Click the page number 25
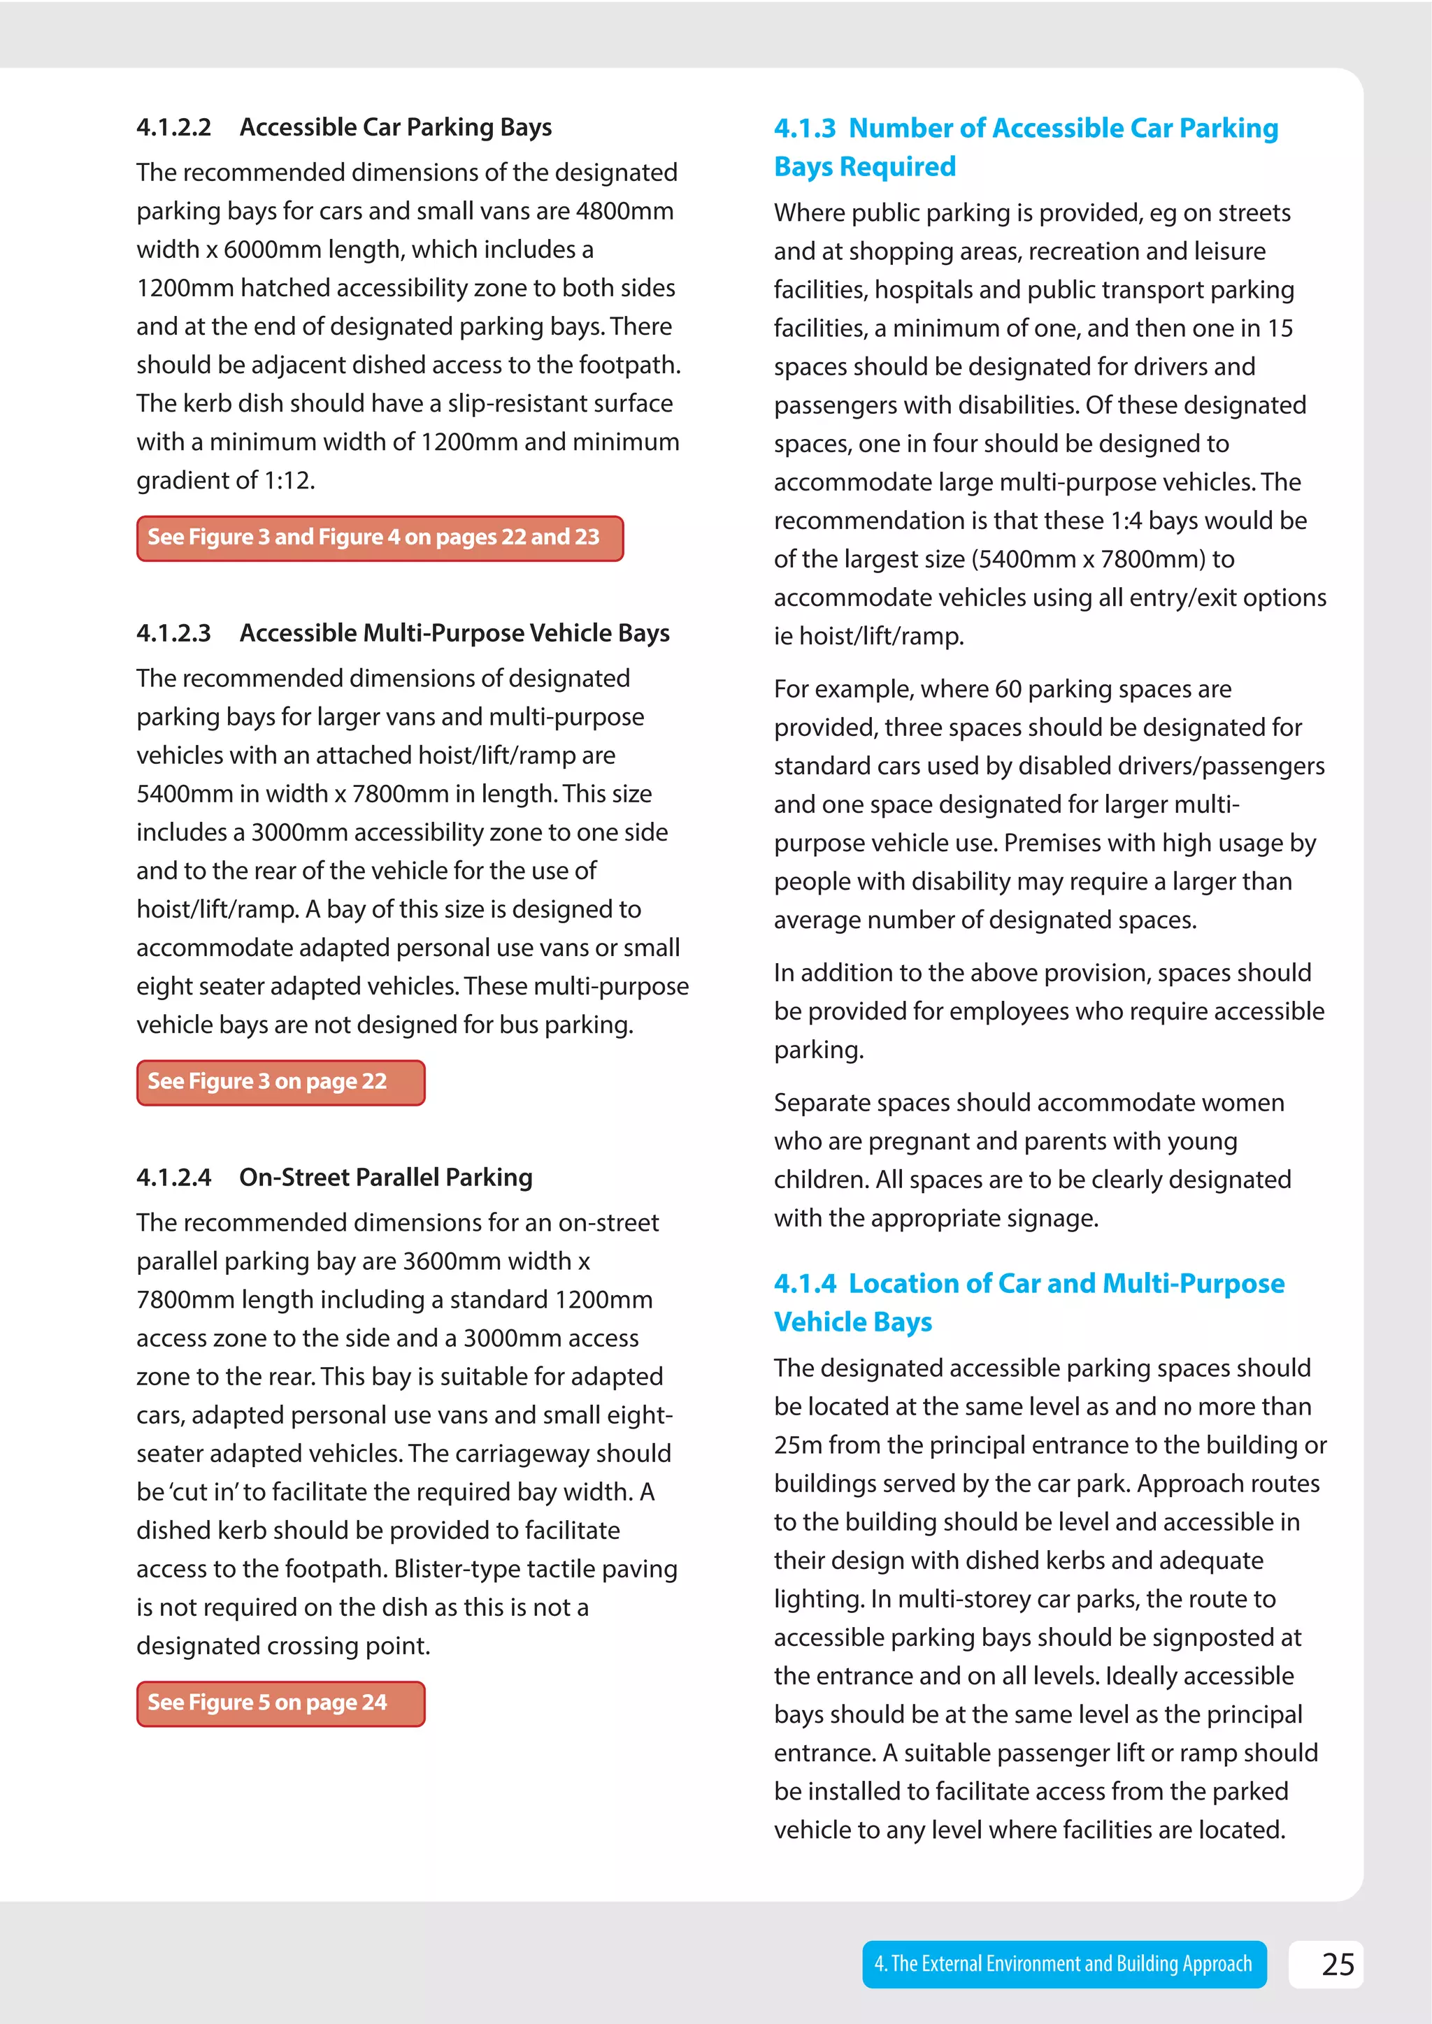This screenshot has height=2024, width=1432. point(1338,1964)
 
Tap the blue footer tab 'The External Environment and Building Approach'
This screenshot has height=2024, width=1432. point(1064,1964)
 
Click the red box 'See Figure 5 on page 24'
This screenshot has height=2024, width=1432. point(280,1703)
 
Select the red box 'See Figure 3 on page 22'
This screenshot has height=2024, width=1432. point(280,1082)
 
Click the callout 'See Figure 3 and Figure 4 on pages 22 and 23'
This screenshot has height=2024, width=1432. point(379,537)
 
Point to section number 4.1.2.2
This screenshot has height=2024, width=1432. point(173,128)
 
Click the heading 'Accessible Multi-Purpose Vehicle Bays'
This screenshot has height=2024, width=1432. point(454,633)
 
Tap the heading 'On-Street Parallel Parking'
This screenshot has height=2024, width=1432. point(385,1178)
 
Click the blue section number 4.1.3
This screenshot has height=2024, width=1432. point(804,129)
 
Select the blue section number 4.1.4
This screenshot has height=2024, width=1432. point(804,1283)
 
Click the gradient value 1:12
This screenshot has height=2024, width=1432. point(288,480)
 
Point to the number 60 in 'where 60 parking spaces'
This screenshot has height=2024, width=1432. point(1007,689)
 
